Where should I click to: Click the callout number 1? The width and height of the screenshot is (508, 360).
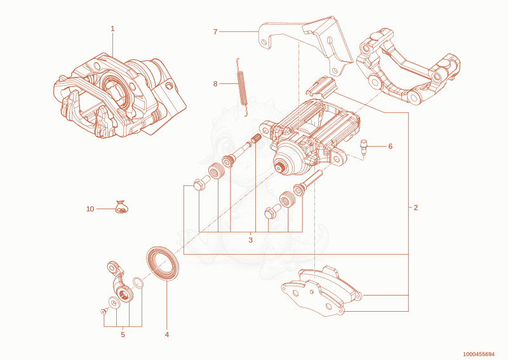pyautogui.click(x=113, y=29)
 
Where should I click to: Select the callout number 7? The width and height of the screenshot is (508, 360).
pyautogui.click(x=215, y=32)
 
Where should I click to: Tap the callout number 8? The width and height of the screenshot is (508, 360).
pyautogui.click(x=215, y=84)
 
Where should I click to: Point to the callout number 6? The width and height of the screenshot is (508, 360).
pyautogui.click(x=390, y=147)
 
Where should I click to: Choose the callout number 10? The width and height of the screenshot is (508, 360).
pyautogui.click(x=90, y=209)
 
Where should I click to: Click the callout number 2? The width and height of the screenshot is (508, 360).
pyautogui.click(x=416, y=208)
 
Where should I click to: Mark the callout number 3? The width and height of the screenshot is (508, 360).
pyautogui.click(x=250, y=240)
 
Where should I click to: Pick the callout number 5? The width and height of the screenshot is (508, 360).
pyautogui.click(x=123, y=335)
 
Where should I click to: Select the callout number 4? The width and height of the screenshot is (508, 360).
pyautogui.click(x=167, y=335)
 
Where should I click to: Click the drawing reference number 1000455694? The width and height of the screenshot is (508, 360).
pyautogui.click(x=479, y=354)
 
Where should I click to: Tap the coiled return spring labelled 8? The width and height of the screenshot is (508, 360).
pyautogui.click(x=241, y=87)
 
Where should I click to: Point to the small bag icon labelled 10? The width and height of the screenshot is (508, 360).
pyautogui.click(x=122, y=207)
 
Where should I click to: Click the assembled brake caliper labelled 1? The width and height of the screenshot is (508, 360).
pyautogui.click(x=119, y=96)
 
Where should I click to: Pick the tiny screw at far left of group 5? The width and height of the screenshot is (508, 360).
pyautogui.click(x=104, y=311)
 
